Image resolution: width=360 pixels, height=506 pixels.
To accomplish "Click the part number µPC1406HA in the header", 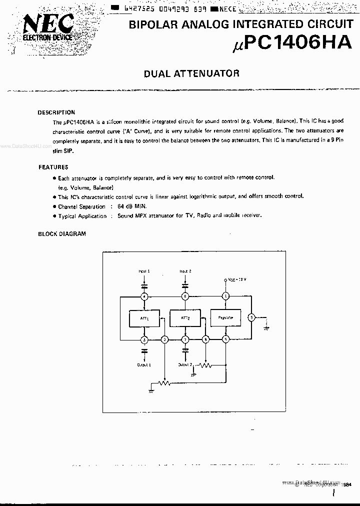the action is [292, 44].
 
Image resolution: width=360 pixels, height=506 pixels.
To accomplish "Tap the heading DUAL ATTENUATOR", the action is [191, 73].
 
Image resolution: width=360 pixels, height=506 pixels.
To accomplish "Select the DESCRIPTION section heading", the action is [56, 112].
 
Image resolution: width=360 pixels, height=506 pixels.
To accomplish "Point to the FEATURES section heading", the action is [53, 167].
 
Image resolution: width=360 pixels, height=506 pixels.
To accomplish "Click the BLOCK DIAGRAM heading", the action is [62, 233].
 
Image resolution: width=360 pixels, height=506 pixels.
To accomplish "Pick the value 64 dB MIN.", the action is [133, 206].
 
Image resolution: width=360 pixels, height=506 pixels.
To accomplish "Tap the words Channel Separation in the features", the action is [81, 206].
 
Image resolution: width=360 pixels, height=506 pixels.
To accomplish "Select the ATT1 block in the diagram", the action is [144, 317].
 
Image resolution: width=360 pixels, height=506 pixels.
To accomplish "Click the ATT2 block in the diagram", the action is [184, 317].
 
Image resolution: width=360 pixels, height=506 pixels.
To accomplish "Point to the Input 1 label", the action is [144, 271].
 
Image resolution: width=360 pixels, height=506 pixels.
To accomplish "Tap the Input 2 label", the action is [185, 271].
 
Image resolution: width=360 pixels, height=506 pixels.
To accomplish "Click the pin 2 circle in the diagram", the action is [164, 339].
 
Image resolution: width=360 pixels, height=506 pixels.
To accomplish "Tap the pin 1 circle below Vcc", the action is [225, 296].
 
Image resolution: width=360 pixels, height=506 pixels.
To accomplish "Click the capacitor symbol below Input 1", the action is [144, 286].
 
